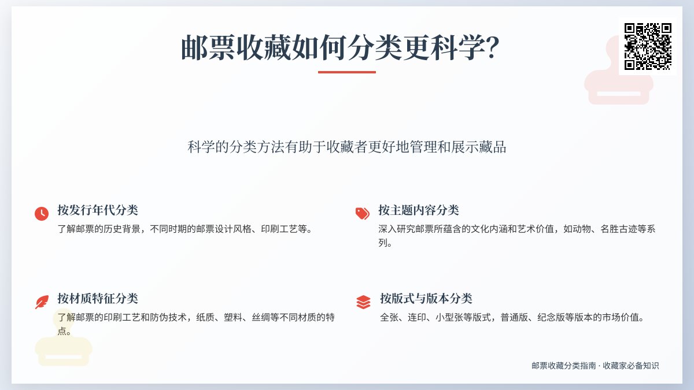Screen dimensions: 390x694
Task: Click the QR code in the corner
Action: tap(648, 46)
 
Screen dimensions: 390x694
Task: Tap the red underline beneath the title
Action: tap(347, 72)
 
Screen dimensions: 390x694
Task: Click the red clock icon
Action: tap(42, 213)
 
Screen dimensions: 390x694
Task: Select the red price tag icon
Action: tap(363, 213)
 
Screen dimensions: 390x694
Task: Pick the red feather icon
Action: tap(42, 302)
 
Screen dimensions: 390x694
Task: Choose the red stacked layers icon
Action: tap(363, 302)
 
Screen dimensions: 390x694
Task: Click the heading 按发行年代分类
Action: tap(98, 210)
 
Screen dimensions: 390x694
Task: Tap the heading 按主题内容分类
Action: tap(419, 210)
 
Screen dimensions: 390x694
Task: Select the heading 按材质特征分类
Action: tap(98, 298)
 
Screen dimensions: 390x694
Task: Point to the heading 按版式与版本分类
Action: tap(426, 298)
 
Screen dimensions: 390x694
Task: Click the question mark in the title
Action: tap(491, 47)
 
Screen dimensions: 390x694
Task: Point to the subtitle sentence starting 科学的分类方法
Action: tap(347, 147)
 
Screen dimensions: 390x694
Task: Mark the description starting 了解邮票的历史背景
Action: tap(185, 229)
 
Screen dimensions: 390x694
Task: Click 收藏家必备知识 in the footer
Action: tap(631, 366)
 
